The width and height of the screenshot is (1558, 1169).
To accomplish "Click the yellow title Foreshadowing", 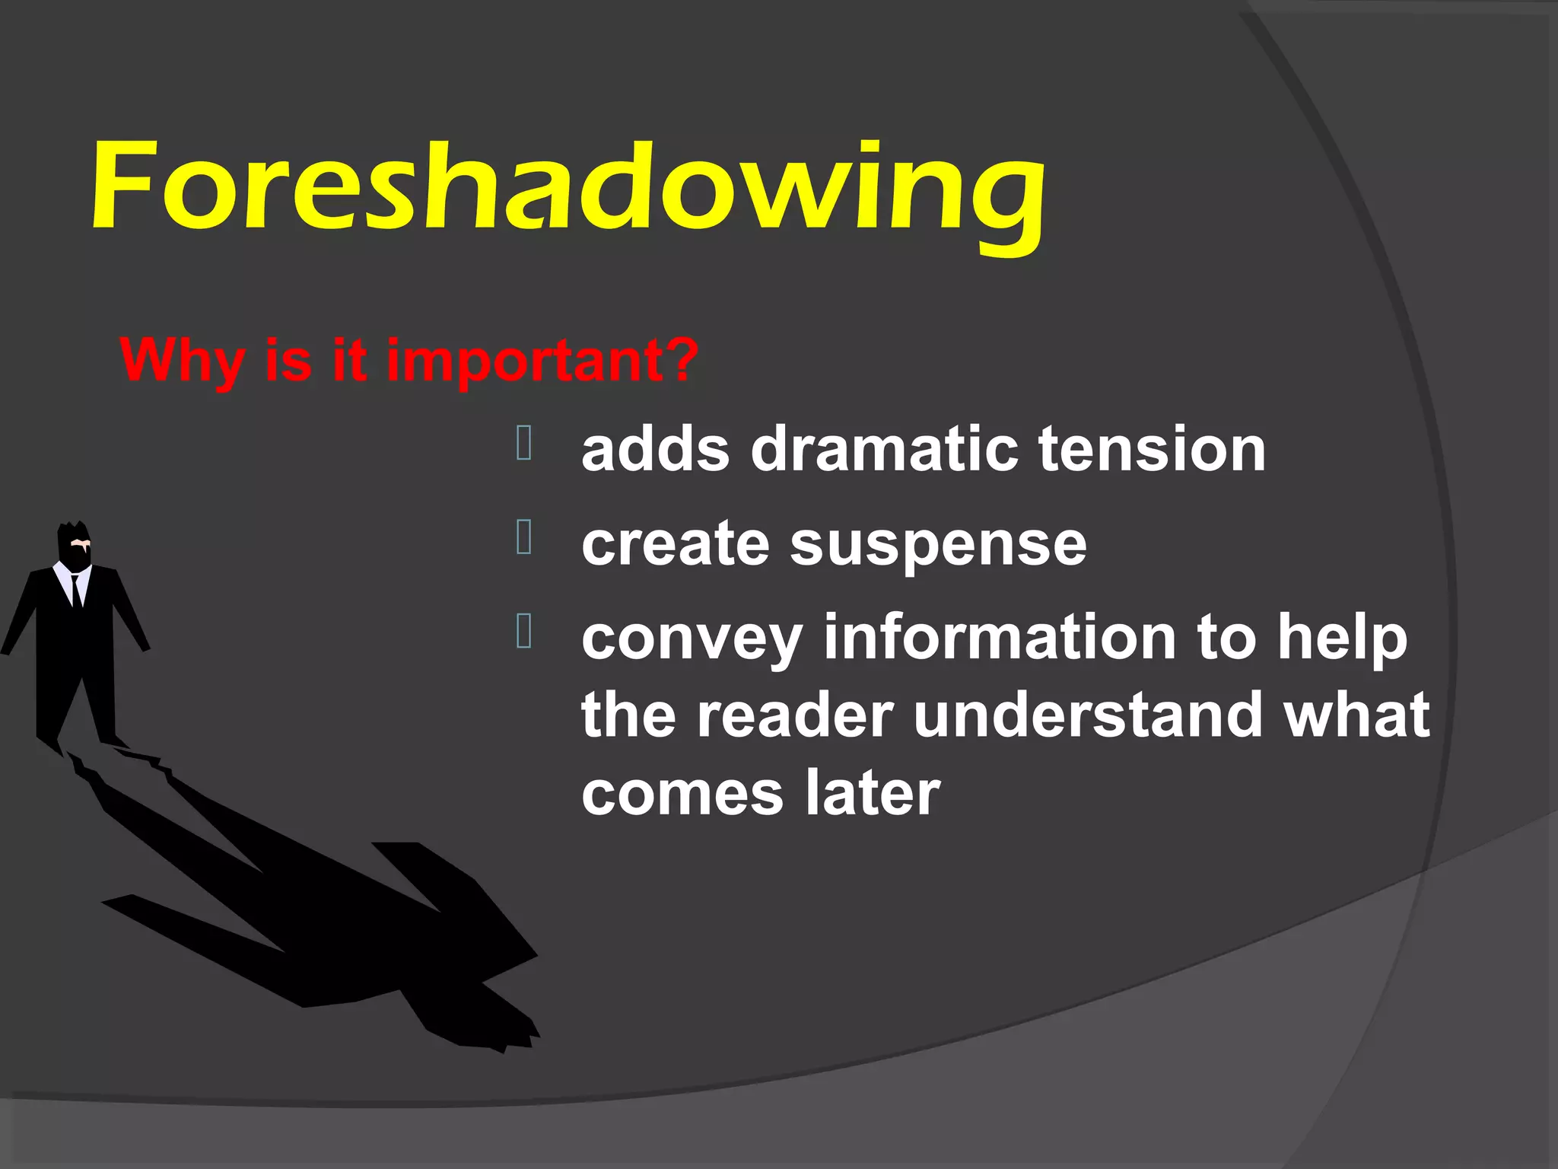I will pos(567,190).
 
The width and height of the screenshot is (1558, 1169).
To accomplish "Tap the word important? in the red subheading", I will pos(542,361).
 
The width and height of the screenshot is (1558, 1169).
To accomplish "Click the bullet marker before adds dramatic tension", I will pos(524,443).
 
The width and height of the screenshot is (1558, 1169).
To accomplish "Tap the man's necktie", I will pos(76,590).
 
